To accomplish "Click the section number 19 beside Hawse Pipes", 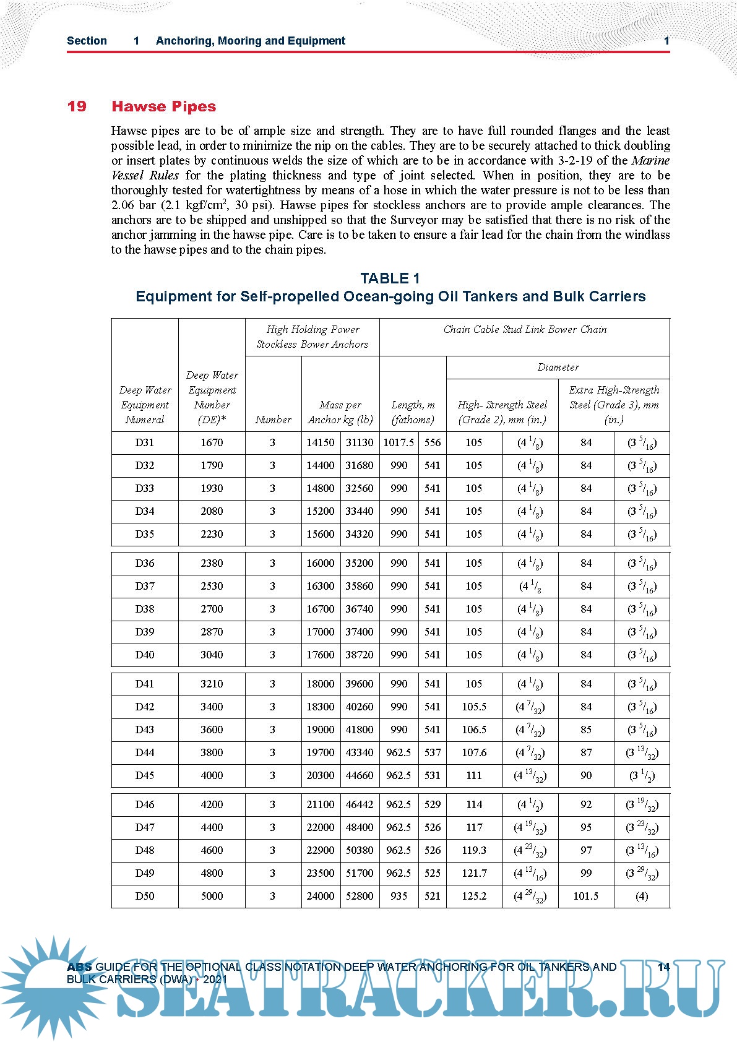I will click(x=77, y=106).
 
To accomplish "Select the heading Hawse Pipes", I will click(x=163, y=106).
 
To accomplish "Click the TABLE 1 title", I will click(x=390, y=278).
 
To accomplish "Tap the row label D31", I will click(x=145, y=443).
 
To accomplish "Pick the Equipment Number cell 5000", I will click(x=212, y=896).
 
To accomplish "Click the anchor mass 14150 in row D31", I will click(x=321, y=443).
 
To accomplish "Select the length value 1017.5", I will click(x=399, y=443).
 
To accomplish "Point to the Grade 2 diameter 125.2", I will click(x=474, y=896).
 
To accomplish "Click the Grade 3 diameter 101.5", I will click(x=585, y=896).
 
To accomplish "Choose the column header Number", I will click(x=273, y=420).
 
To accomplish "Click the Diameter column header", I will click(x=558, y=368).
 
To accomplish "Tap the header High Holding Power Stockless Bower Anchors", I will click(x=312, y=337).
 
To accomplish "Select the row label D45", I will click(x=145, y=775).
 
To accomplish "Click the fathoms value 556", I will click(x=433, y=443).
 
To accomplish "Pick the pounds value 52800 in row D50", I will click(x=360, y=896).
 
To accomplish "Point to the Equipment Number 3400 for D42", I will click(x=212, y=707).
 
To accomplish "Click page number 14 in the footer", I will click(x=663, y=967).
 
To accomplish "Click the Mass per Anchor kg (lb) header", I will click(x=340, y=412).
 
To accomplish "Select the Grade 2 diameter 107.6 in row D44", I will click(x=474, y=752).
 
